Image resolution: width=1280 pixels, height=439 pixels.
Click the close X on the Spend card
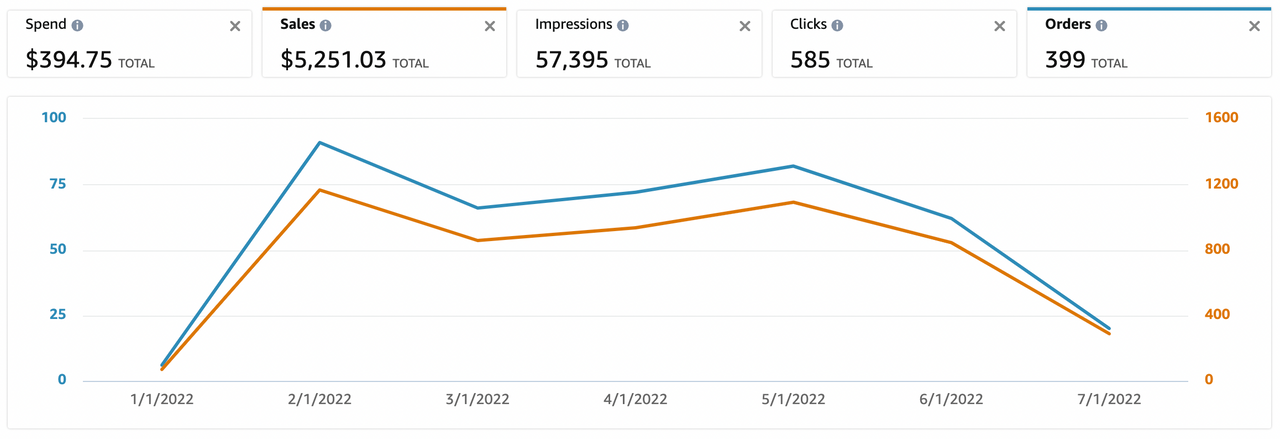tap(235, 26)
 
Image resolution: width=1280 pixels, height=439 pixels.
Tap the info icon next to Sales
tap(326, 26)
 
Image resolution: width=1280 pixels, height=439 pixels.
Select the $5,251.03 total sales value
tap(333, 60)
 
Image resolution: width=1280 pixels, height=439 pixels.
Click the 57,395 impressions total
tap(571, 60)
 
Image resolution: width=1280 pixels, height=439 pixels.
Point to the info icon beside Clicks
tap(837, 26)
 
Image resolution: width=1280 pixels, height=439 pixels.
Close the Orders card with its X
tap(1254, 26)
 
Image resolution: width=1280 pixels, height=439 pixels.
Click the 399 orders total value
tap(1065, 60)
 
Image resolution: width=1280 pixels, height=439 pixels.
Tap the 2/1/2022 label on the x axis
tap(319, 399)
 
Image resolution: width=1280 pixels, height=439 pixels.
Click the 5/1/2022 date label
tap(793, 399)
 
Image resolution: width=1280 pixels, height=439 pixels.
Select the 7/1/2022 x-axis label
tap(1109, 399)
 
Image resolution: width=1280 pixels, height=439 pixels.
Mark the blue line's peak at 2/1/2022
tap(319, 142)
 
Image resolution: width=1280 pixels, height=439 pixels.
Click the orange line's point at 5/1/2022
tap(793, 202)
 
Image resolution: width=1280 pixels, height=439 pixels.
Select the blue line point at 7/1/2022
tap(1109, 328)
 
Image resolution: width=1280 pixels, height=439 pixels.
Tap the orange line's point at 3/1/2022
tap(477, 240)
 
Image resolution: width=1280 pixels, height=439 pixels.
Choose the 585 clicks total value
tap(810, 60)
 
